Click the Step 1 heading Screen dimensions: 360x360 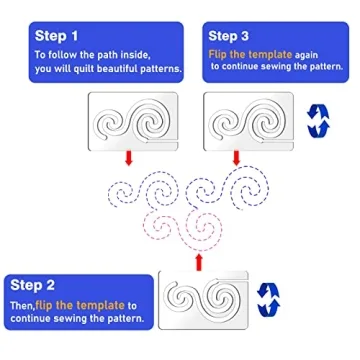58,36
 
